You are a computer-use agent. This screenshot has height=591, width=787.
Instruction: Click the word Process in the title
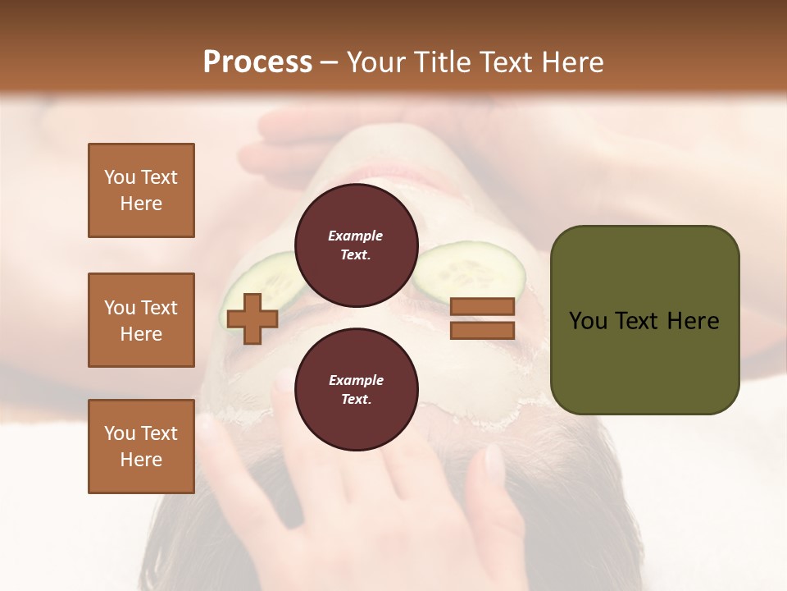pos(257,62)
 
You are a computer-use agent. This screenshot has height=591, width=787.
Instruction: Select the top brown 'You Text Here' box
pos(141,190)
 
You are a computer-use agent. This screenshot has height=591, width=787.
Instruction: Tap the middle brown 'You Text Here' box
pos(141,320)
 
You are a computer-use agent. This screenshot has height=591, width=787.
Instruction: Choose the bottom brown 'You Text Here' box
pos(141,447)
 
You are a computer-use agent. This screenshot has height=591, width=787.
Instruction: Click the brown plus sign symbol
pos(252,318)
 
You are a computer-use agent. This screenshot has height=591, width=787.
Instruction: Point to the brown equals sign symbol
pos(482,318)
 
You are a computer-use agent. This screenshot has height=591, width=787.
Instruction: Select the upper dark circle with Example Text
pos(356,245)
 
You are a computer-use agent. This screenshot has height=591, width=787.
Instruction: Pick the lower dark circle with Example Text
pos(356,390)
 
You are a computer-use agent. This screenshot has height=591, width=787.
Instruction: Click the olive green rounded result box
pos(644,320)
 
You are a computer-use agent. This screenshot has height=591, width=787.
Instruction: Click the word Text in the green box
pos(641,321)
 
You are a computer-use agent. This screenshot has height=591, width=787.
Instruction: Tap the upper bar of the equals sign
pos(482,307)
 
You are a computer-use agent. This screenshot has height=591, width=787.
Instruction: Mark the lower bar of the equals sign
pos(482,330)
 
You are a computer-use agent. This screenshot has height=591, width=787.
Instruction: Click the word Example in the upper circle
pos(356,236)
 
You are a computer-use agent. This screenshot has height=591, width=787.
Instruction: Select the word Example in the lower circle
pos(356,380)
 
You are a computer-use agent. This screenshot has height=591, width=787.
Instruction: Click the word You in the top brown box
pos(119,177)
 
